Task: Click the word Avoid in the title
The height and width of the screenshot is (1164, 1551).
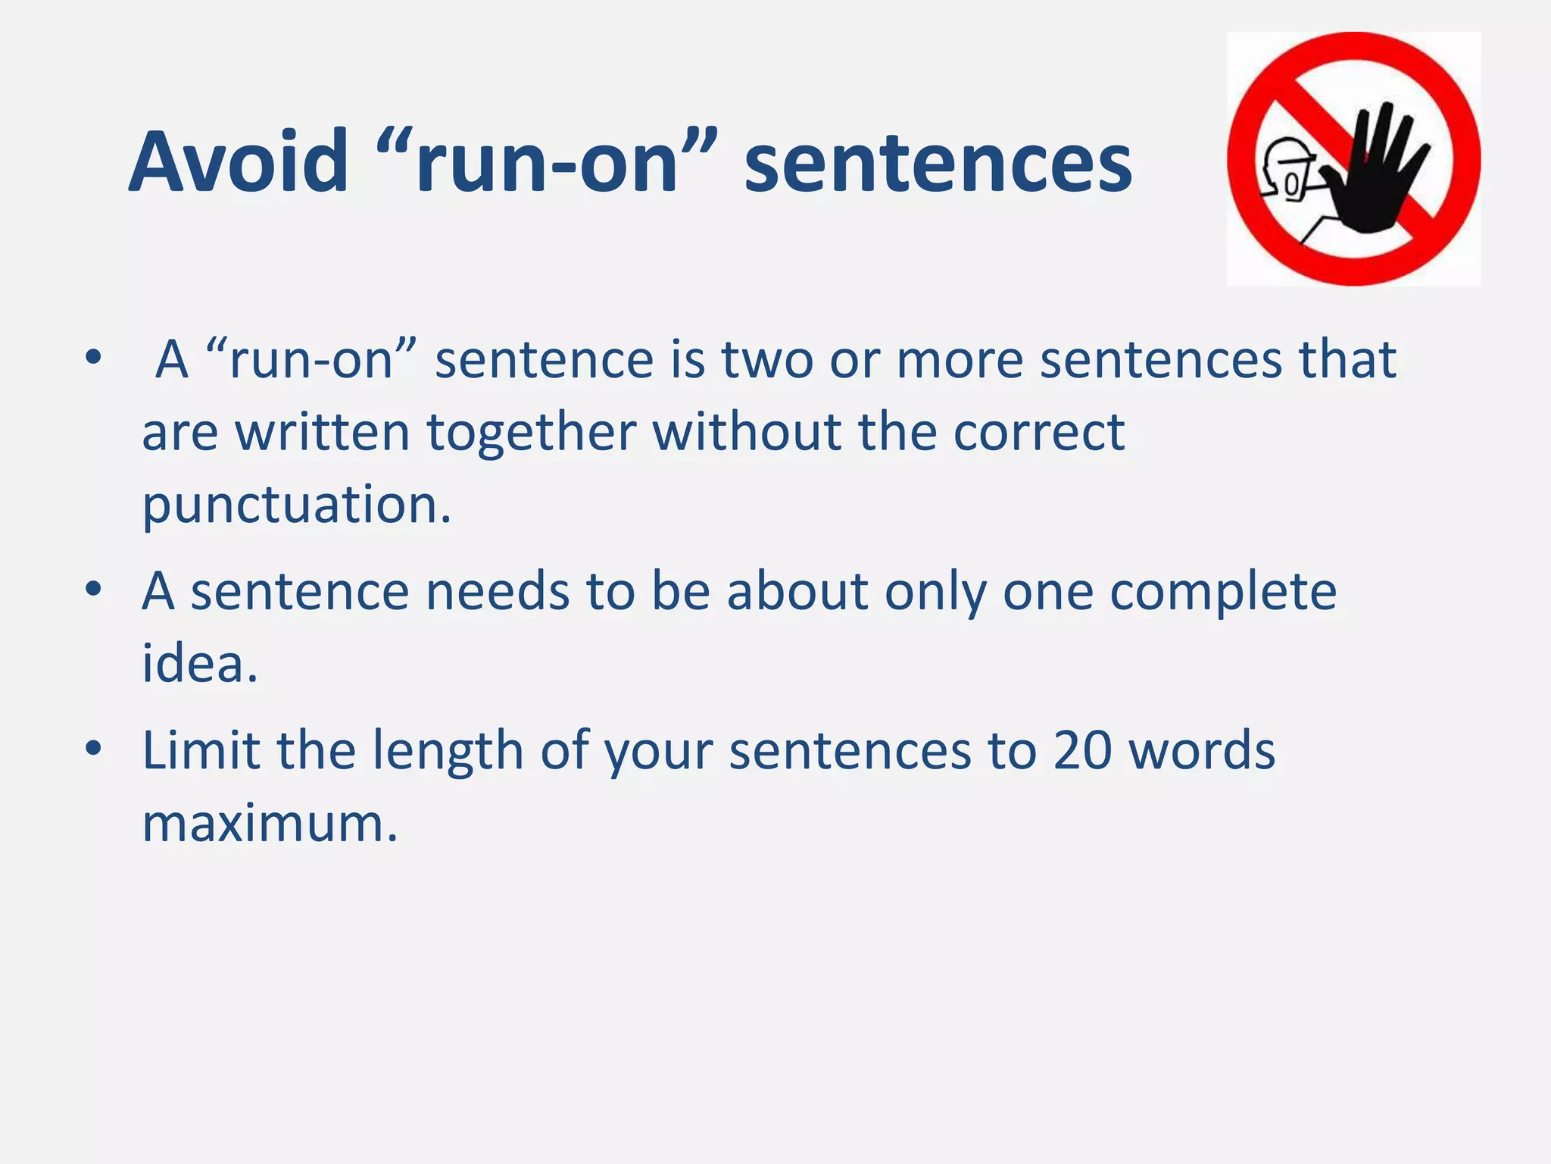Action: click(239, 162)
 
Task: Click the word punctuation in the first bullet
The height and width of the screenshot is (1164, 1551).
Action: click(296, 505)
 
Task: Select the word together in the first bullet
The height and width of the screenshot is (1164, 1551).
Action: click(531, 432)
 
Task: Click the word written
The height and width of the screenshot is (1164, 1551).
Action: click(322, 432)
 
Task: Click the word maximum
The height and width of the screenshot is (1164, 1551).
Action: click(270, 823)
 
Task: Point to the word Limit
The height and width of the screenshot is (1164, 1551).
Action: click(201, 750)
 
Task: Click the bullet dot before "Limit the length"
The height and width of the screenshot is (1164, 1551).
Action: click(93, 749)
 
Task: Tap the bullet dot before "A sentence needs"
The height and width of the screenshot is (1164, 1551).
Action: click(93, 589)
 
